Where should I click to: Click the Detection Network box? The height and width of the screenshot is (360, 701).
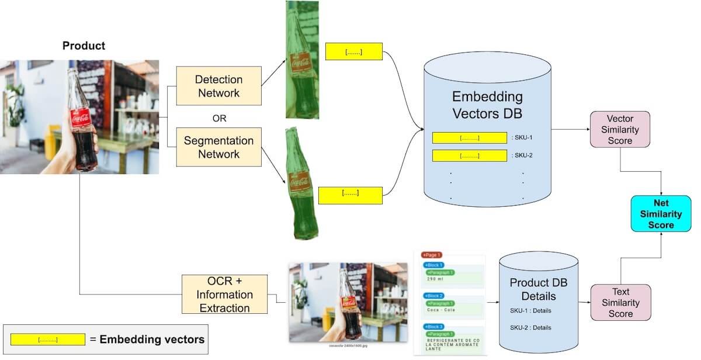click(x=219, y=86)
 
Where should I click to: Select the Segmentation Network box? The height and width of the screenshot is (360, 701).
click(x=219, y=147)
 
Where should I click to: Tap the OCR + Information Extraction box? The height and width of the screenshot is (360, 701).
click(x=225, y=294)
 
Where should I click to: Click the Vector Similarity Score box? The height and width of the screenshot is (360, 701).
click(x=620, y=130)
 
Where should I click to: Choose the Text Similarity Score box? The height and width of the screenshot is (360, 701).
click(x=620, y=303)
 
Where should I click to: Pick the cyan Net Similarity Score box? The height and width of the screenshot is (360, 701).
click(x=661, y=214)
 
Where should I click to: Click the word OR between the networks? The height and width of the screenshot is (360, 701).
click(x=219, y=119)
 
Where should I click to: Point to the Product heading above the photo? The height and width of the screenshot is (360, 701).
click(x=84, y=46)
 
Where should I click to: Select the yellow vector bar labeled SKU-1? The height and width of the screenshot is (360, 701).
click(x=469, y=138)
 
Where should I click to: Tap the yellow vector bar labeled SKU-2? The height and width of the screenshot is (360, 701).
click(x=469, y=156)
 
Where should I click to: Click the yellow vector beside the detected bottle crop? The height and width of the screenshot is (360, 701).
click(x=353, y=51)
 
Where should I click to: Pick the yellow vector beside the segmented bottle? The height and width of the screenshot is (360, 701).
click(x=350, y=195)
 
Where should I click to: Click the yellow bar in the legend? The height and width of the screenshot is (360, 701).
click(x=48, y=340)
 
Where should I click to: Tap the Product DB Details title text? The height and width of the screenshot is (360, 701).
click(x=538, y=289)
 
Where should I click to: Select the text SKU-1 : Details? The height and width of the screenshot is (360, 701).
click(x=530, y=310)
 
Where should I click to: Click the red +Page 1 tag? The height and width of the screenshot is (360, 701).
click(x=432, y=255)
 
